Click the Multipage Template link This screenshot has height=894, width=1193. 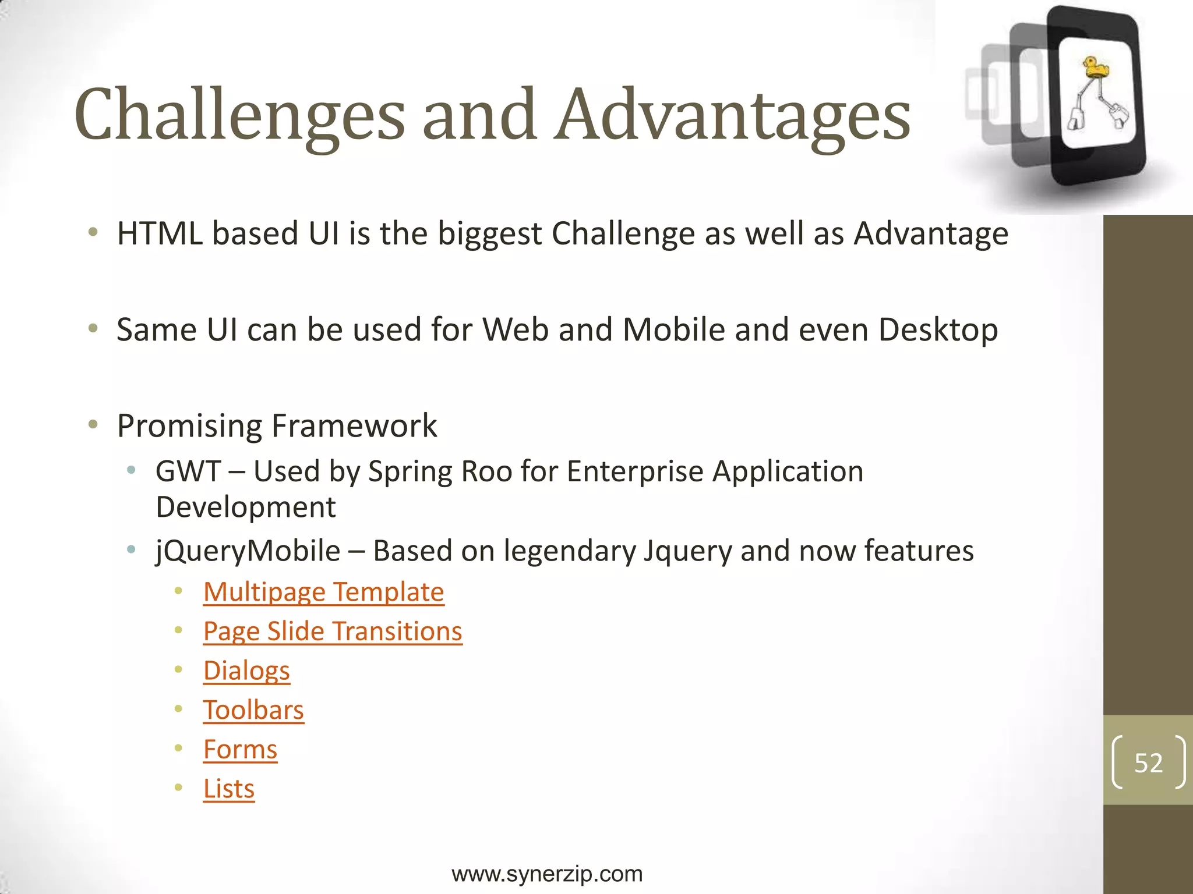323,593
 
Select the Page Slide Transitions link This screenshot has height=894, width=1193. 333,632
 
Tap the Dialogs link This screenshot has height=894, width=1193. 246,670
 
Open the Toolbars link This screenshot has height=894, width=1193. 253,710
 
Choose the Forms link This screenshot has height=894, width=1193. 240,749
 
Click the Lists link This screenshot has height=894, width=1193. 229,789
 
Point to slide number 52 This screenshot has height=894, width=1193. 1148,762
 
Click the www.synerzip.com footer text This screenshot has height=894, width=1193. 547,874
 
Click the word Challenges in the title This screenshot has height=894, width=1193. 239,115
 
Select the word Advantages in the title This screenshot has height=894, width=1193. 732,115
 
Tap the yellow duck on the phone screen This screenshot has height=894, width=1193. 1095,67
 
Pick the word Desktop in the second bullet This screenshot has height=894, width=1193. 938,330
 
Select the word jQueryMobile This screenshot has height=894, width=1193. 248,551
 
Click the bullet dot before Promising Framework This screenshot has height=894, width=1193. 93,424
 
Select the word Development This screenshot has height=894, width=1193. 246,508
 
